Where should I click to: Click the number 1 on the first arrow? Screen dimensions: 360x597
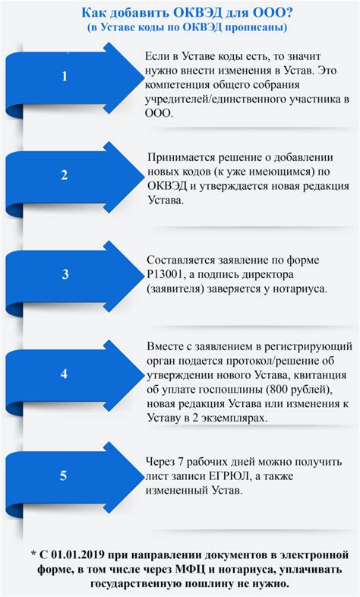65,76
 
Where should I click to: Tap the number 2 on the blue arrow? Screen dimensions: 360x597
64,175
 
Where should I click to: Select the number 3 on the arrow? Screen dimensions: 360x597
65,274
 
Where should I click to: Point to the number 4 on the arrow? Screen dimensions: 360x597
64,374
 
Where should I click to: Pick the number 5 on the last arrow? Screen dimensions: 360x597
63,475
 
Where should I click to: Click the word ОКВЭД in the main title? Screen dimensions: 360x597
194,14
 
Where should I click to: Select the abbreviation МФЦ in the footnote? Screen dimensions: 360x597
190,570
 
